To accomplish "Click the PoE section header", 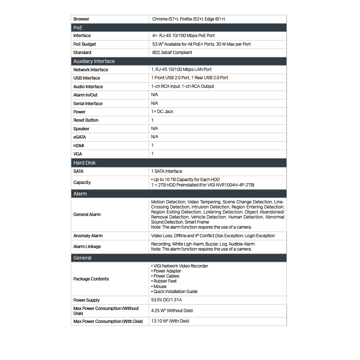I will pyautogui.click(x=78, y=28).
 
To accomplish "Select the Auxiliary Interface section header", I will pyautogui.click(x=94, y=61).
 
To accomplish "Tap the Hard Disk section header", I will pyautogui.click(x=85, y=163).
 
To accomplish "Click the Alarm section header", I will pyautogui.click(x=80, y=194).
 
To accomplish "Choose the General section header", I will pyautogui.click(x=82, y=258).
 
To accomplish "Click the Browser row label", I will pyautogui.click(x=81, y=19).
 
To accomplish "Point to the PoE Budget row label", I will pyautogui.click(x=85, y=44).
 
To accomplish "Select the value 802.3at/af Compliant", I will pyautogui.click(x=172, y=53).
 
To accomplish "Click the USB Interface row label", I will pyautogui.click(x=87, y=78).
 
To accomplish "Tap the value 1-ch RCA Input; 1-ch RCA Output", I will pyautogui.click(x=183, y=86).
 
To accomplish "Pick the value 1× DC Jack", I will pyautogui.click(x=162, y=112).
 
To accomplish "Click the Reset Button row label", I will pyautogui.click(x=86, y=120).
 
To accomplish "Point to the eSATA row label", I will pyautogui.click(x=80, y=137).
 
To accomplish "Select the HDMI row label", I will pyautogui.click(x=79, y=146).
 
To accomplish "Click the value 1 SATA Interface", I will pyautogui.click(x=167, y=171).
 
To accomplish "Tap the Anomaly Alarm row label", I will pyautogui.click(x=88, y=236).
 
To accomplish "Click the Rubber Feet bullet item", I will pyautogui.click(x=165, y=281).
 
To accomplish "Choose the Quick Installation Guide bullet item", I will pyautogui.click(x=175, y=292).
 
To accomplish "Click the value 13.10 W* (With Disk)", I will pyautogui.click(x=170, y=321).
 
